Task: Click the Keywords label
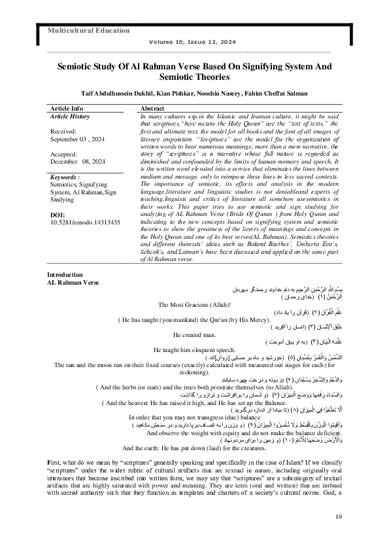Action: [65, 177]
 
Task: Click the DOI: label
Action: [58, 215]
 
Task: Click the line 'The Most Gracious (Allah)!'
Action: [194, 323]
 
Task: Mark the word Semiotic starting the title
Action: [76, 67]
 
